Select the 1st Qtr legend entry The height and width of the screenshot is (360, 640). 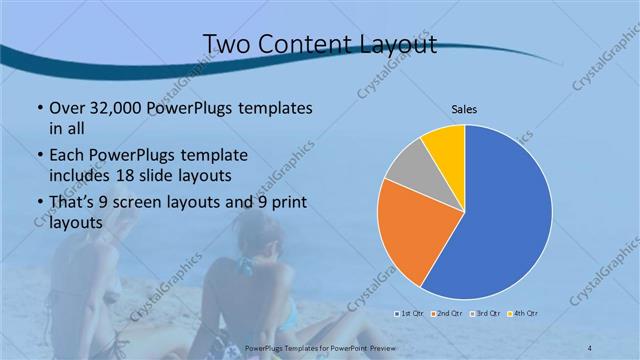pyautogui.click(x=407, y=313)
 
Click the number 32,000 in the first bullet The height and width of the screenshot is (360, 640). pyautogui.click(x=110, y=108)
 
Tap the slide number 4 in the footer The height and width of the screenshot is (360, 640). pyautogui.click(x=590, y=347)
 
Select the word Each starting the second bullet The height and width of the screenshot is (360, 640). pyautogui.click(x=68, y=156)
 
